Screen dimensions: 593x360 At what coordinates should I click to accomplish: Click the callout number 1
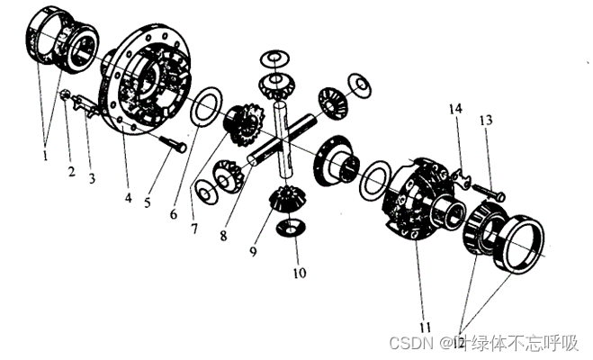point(45,155)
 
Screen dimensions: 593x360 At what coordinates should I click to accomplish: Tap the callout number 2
point(71,172)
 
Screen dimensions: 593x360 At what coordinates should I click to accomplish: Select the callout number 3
point(92,178)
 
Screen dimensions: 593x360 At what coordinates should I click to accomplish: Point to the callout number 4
point(129,197)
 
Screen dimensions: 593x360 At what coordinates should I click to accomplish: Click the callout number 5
point(147,202)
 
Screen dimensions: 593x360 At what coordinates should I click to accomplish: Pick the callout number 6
point(173,214)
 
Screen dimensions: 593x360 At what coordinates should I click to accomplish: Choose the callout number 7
point(194,229)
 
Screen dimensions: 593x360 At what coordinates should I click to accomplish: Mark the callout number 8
point(223,236)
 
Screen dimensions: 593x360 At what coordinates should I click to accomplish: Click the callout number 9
point(253,251)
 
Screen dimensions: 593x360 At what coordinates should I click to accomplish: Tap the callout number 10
point(300,273)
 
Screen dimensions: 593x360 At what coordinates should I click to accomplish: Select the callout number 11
point(425,327)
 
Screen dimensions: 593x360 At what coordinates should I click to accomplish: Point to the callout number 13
point(486,121)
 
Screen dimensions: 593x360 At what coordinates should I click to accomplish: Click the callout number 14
point(455,109)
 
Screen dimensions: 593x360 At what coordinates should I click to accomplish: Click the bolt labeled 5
point(172,144)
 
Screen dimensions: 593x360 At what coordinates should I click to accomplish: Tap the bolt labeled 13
point(488,192)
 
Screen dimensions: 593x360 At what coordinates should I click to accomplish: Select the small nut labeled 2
point(65,94)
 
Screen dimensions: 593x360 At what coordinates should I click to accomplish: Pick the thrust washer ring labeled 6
point(204,107)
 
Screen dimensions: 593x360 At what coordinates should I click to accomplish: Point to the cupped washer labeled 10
point(290,228)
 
